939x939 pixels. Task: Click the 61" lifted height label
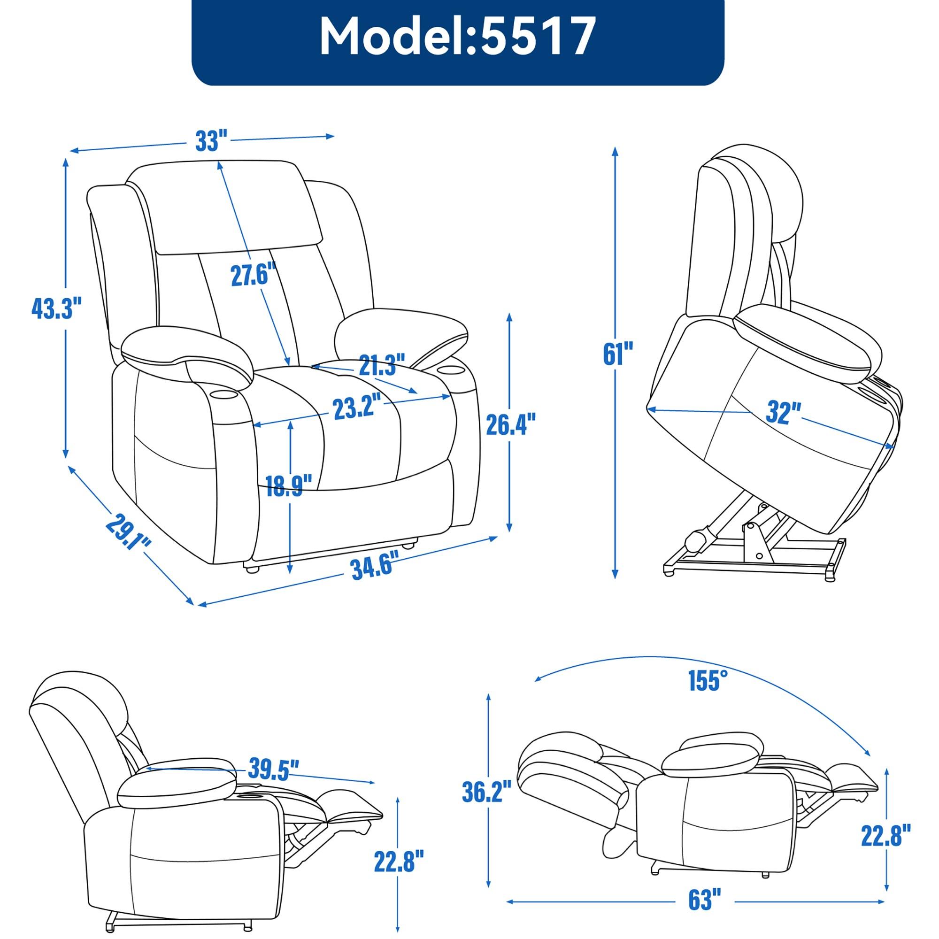coord(618,354)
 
